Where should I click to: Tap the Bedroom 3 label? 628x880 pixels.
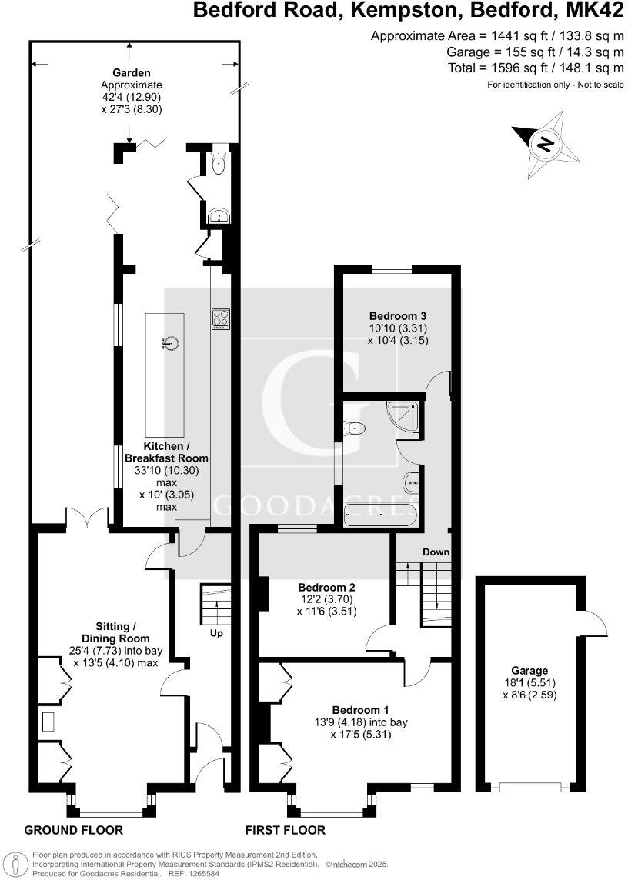(398, 316)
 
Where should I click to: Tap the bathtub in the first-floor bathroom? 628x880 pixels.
(382, 515)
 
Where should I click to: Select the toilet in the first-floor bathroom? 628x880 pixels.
(356, 428)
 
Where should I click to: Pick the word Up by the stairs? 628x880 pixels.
(217, 633)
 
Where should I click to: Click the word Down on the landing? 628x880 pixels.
(436, 552)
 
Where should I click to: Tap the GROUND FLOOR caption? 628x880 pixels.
(74, 830)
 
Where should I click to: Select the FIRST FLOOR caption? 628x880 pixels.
(286, 830)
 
